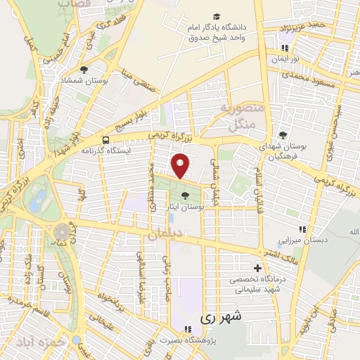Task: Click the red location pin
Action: pyautogui.click(x=181, y=165)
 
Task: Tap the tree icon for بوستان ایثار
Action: pyautogui.click(x=185, y=196)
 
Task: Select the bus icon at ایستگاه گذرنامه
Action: pyautogui.click(x=105, y=139)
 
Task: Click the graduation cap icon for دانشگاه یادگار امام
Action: pyautogui.click(x=216, y=16)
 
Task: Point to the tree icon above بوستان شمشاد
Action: pyautogui.click(x=84, y=70)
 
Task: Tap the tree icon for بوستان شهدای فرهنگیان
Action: pyautogui.click(x=283, y=135)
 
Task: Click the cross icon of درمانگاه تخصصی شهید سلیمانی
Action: pyautogui.click(x=258, y=268)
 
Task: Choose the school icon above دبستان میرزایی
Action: pyautogui.click(x=302, y=229)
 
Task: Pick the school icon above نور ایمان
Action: pyautogui.click(x=284, y=49)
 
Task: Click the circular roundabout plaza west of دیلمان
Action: pyautogui.click(x=63, y=231)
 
